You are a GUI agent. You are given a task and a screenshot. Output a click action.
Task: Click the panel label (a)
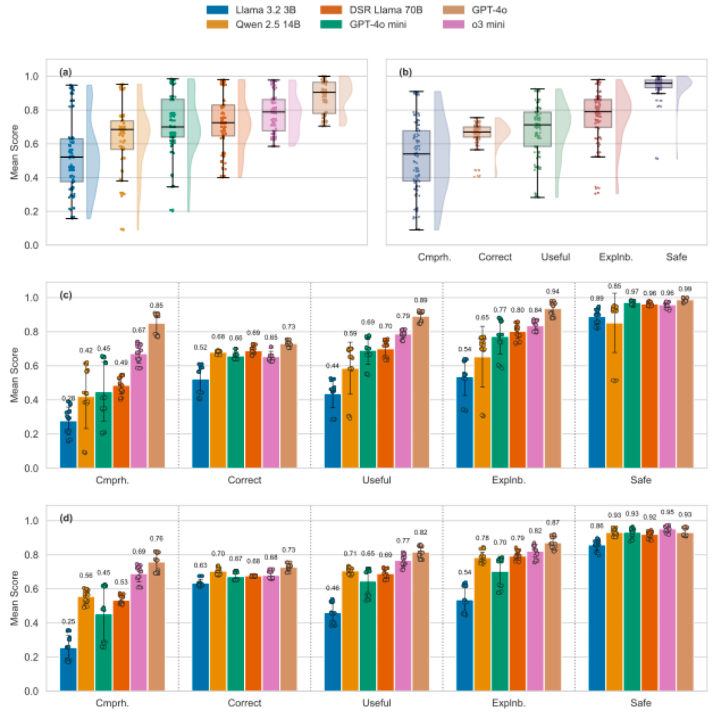[65, 72]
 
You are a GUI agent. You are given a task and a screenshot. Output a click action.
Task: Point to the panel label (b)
[405, 72]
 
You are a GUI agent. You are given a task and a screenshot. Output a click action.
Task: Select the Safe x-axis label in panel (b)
[676, 257]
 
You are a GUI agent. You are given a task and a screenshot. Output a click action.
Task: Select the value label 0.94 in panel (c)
[553, 292]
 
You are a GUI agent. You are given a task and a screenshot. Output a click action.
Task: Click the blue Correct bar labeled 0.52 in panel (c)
[200, 423]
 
